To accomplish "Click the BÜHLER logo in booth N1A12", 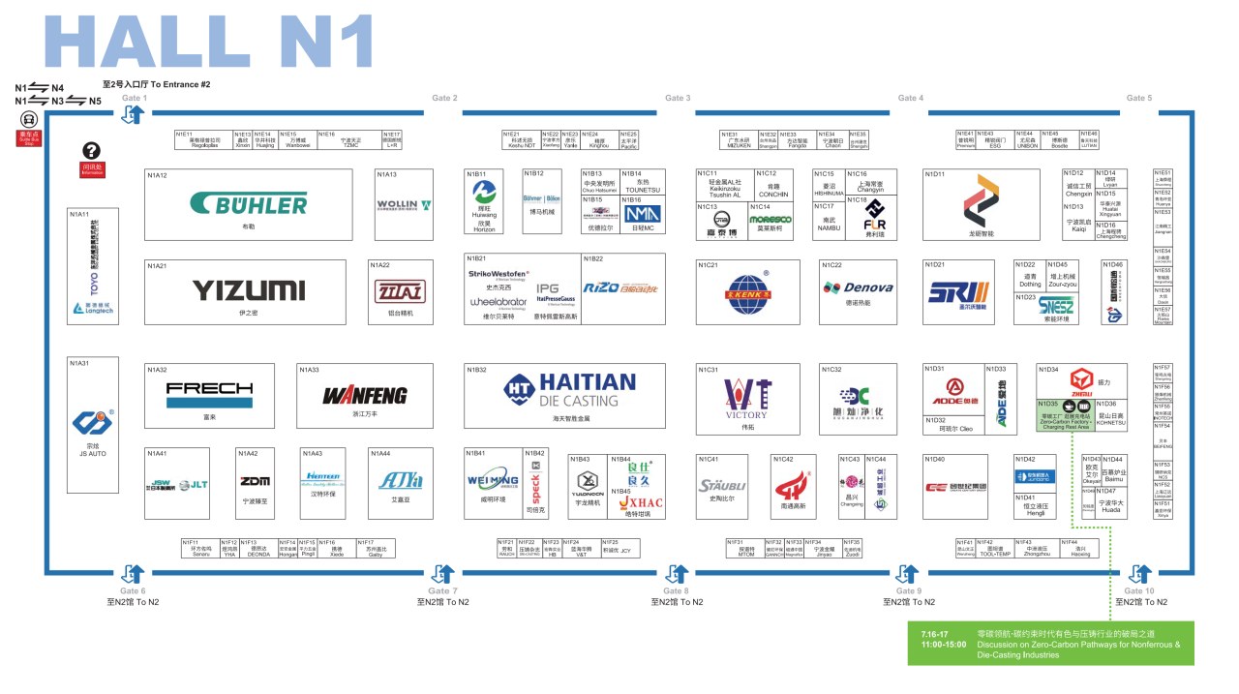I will (249, 203).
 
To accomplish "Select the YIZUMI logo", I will (248, 289).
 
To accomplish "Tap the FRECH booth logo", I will (209, 394).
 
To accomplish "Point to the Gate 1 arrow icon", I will (134, 114).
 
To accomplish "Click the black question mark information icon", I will (91, 150).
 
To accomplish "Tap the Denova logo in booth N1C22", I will (858, 287).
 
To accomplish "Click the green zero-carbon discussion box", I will (1050, 643).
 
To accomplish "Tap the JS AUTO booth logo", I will (93, 425).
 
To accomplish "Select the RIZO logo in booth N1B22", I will (622, 287).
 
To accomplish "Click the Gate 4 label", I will (910, 98).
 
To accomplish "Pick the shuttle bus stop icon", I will (28, 120).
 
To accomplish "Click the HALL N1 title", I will (209, 44).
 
